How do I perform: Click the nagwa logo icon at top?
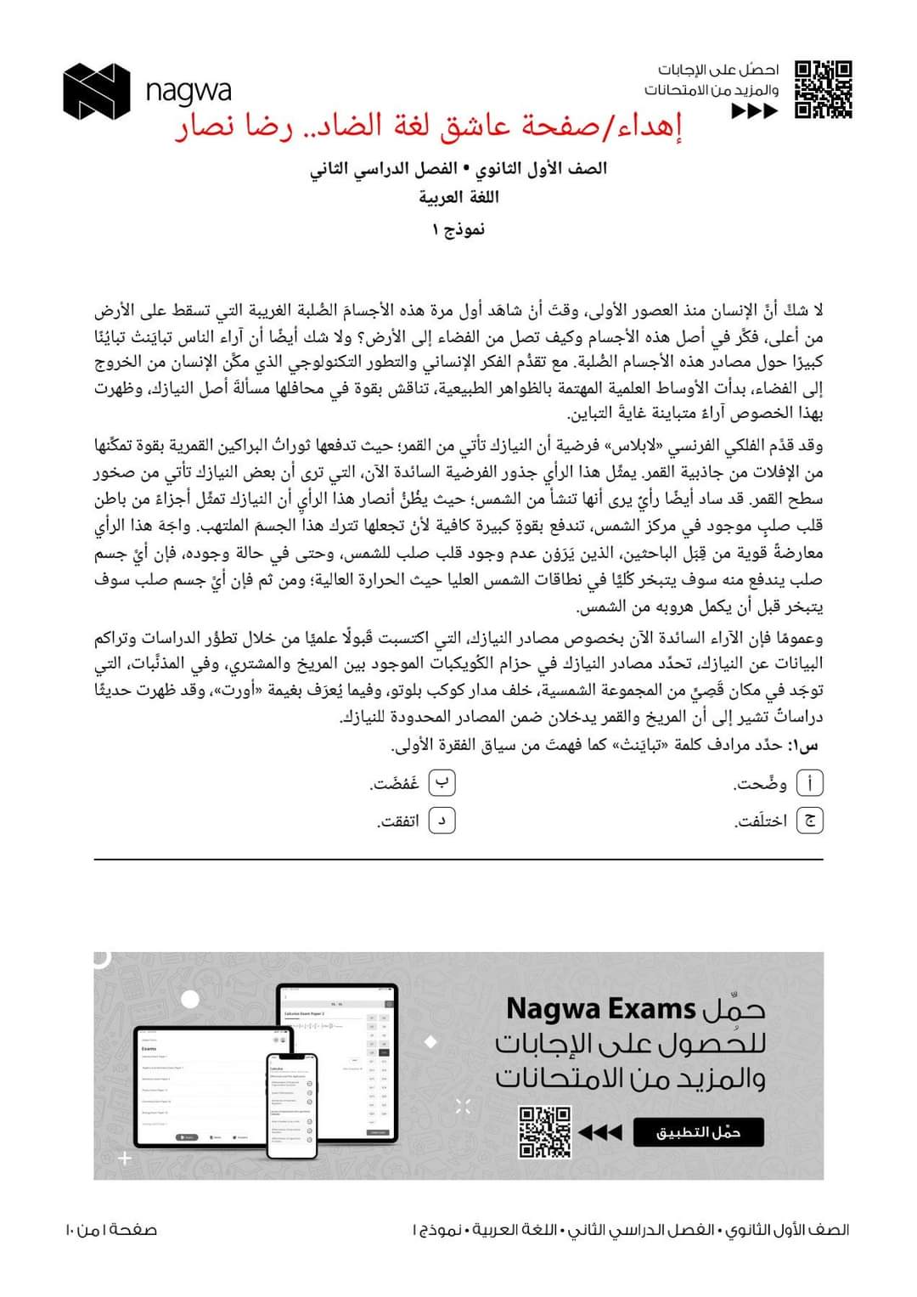(x=96, y=90)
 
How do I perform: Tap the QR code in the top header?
(x=823, y=89)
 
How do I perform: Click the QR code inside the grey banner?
(x=544, y=1131)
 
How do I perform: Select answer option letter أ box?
(x=811, y=783)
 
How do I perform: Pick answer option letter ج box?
(x=811, y=820)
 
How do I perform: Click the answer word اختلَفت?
(x=762, y=821)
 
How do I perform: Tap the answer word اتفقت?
(x=399, y=821)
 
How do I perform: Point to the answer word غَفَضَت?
(x=396, y=784)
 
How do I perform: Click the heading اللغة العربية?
(x=458, y=198)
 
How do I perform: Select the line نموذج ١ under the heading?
(x=458, y=229)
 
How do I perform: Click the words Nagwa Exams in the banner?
(x=600, y=1009)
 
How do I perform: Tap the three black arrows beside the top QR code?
(x=754, y=111)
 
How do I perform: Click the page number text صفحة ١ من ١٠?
(x=110, y=1229)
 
